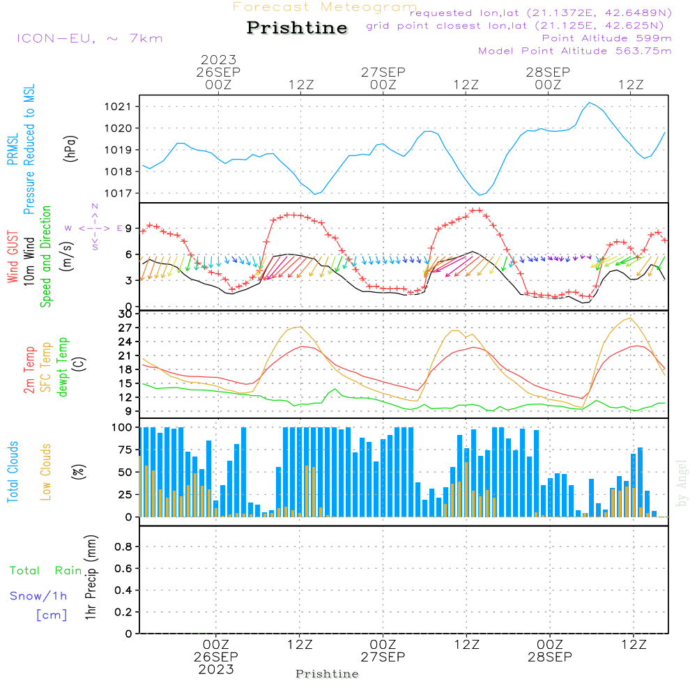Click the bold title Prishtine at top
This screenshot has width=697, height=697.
point(297,28)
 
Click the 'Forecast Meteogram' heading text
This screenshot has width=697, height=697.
point(325,7)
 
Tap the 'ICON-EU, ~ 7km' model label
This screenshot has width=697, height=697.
point(89,38)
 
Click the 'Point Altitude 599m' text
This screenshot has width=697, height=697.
point(606,38)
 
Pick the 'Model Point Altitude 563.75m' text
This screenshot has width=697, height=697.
point(574,51)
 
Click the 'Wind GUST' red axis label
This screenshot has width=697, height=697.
point(13,258)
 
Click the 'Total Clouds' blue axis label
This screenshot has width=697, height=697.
point(13,472)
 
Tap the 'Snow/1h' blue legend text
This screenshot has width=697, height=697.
point(38,596)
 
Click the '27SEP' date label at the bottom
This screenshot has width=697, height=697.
point(383,657)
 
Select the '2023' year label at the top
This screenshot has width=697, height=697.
point(219,59)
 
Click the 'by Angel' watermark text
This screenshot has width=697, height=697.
point(682,483)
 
